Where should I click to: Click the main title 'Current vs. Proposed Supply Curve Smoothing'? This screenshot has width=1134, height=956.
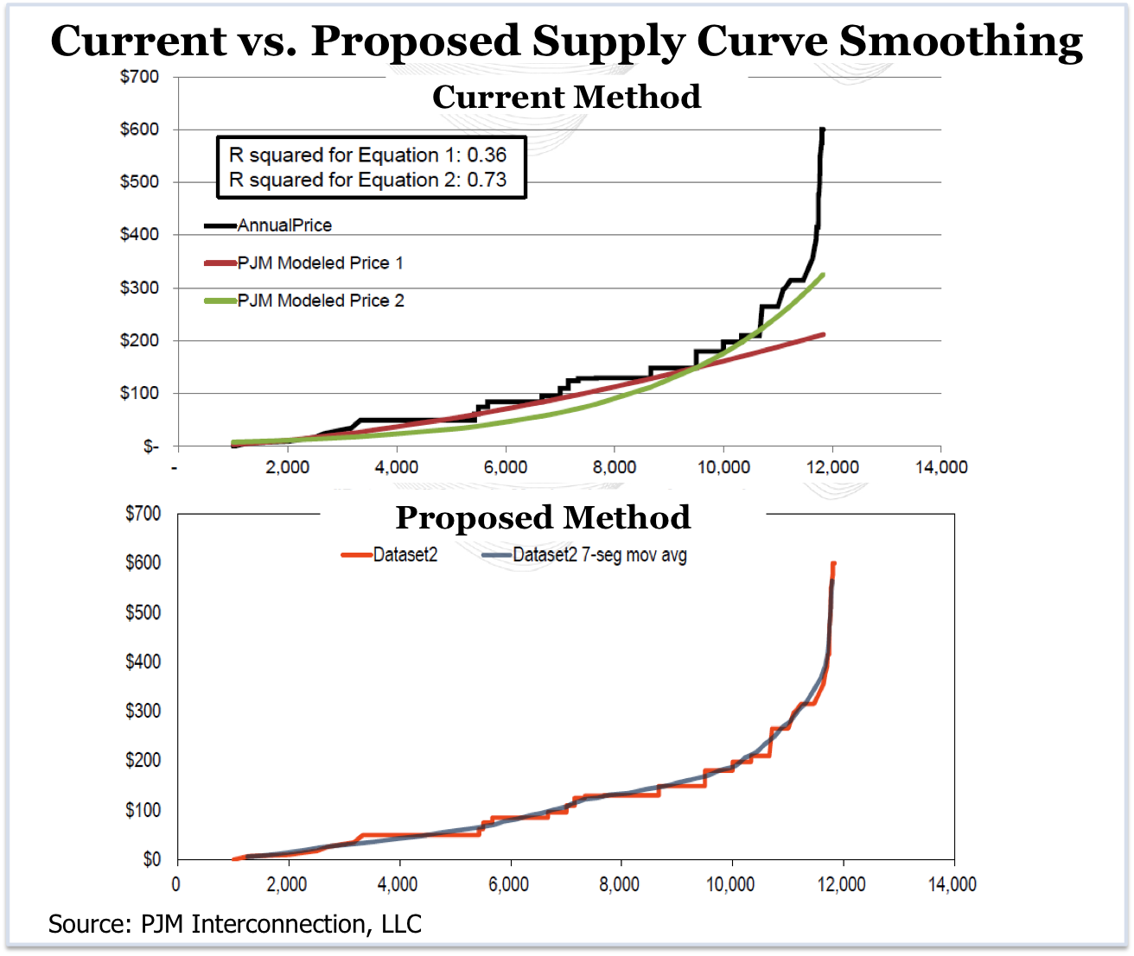[566, 41]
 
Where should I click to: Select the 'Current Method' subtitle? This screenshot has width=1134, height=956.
[566, 97]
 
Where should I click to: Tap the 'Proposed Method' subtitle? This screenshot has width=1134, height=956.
[543, 517]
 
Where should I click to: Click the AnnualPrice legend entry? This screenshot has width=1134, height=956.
[284, 225]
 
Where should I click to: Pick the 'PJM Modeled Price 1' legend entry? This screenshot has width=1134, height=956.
[320, 263]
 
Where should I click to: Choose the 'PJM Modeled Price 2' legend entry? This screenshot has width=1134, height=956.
[320, 301]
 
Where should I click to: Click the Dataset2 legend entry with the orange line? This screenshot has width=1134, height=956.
[405, 555]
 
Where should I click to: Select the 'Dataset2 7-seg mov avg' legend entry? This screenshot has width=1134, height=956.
[599, 555]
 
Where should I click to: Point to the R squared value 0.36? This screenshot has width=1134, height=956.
[487, 155]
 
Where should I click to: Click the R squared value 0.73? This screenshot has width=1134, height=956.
[487, 180]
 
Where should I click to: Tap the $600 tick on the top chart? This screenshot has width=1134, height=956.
[139, 130]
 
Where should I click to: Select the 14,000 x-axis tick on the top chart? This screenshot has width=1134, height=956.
[940, 467]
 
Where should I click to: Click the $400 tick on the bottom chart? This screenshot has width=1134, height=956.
[143, 662]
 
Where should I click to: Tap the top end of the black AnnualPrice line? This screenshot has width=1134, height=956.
[822, 130]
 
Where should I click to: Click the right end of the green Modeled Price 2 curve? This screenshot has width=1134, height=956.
[823, 275]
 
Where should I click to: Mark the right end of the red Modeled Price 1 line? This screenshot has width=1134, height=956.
[823, 334]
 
